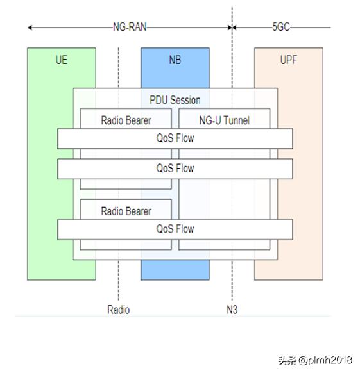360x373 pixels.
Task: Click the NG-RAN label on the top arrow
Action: [x=130, y=27]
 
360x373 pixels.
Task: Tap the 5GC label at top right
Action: [x=281, y=27]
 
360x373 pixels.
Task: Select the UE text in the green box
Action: [x=62, y=60]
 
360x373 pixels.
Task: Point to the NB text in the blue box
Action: [x=175, y=60]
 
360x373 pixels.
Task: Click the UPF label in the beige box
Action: [x=289, y=60]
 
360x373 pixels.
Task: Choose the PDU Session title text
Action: [x=175, y=100]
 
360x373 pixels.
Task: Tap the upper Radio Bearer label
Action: [x=126, y=120]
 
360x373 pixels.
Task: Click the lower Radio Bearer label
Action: [x=126, y=211]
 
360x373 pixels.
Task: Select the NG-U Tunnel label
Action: [x=225, y=120]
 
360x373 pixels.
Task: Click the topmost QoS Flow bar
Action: [x=175, y=138]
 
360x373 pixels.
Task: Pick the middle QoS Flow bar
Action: [x=175, y=169]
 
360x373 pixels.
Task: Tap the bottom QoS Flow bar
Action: [x=175, y=229]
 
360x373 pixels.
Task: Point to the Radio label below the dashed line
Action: [x=119, y=310]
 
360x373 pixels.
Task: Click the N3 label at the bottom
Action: [x=232, y=310]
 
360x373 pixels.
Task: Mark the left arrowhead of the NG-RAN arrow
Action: [x=30, y=28]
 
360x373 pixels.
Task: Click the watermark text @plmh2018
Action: [x=325, y=360]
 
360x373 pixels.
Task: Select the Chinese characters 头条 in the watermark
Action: [x=287, y=360]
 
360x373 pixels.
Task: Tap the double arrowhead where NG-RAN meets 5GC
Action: [x=232, y=28]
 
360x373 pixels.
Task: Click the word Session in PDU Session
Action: [x=187, y=100]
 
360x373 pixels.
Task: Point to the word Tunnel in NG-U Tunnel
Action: [x=236, y=120]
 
